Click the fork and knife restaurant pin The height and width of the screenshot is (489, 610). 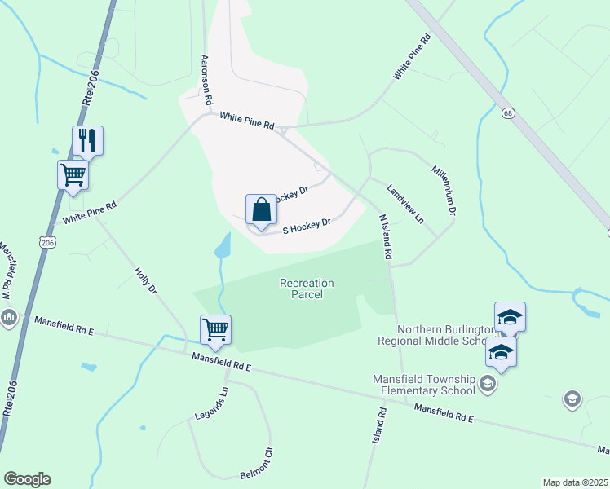coord(87,141)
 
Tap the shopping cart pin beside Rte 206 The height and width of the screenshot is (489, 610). coord(73,174)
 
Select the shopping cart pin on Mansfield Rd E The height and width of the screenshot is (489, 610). coord(215,330)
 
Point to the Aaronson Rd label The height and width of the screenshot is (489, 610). coord(206,80)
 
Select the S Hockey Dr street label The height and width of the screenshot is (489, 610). coord(307,226)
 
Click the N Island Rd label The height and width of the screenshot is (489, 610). coord(386,237)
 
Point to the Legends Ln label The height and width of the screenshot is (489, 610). coord(212,404)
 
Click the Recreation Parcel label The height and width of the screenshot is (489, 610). coord(307,289)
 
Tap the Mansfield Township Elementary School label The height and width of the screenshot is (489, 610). coord(423,385)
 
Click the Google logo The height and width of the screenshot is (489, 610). coord(27,479)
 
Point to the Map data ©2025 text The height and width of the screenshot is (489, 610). coord(575,482)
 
